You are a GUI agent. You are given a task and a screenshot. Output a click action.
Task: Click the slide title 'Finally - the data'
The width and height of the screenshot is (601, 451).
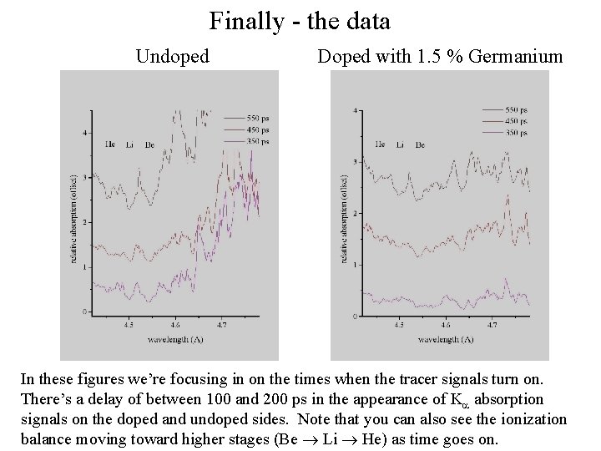300,20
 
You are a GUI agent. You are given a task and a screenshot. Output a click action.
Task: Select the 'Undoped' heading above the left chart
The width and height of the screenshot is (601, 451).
172,57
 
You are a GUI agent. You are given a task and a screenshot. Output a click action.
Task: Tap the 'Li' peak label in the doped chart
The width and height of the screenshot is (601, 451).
400,145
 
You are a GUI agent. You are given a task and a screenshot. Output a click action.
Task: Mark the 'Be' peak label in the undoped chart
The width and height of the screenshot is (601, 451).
149,145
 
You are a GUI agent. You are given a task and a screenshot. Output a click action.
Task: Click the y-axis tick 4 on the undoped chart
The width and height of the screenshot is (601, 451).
85,133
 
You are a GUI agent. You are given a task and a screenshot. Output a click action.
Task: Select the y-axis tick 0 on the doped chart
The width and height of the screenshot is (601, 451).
356,317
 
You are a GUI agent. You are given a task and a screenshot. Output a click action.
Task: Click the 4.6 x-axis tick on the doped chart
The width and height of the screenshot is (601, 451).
447,326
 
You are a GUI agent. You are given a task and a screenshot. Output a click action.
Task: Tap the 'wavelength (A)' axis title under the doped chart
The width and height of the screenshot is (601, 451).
447,340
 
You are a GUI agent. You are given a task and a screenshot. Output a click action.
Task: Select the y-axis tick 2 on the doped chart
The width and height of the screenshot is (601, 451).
356,213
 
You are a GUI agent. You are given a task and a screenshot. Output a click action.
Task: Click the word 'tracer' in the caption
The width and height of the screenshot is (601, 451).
409,378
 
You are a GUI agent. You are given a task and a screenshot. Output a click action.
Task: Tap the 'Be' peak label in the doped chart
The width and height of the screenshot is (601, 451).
420,145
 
